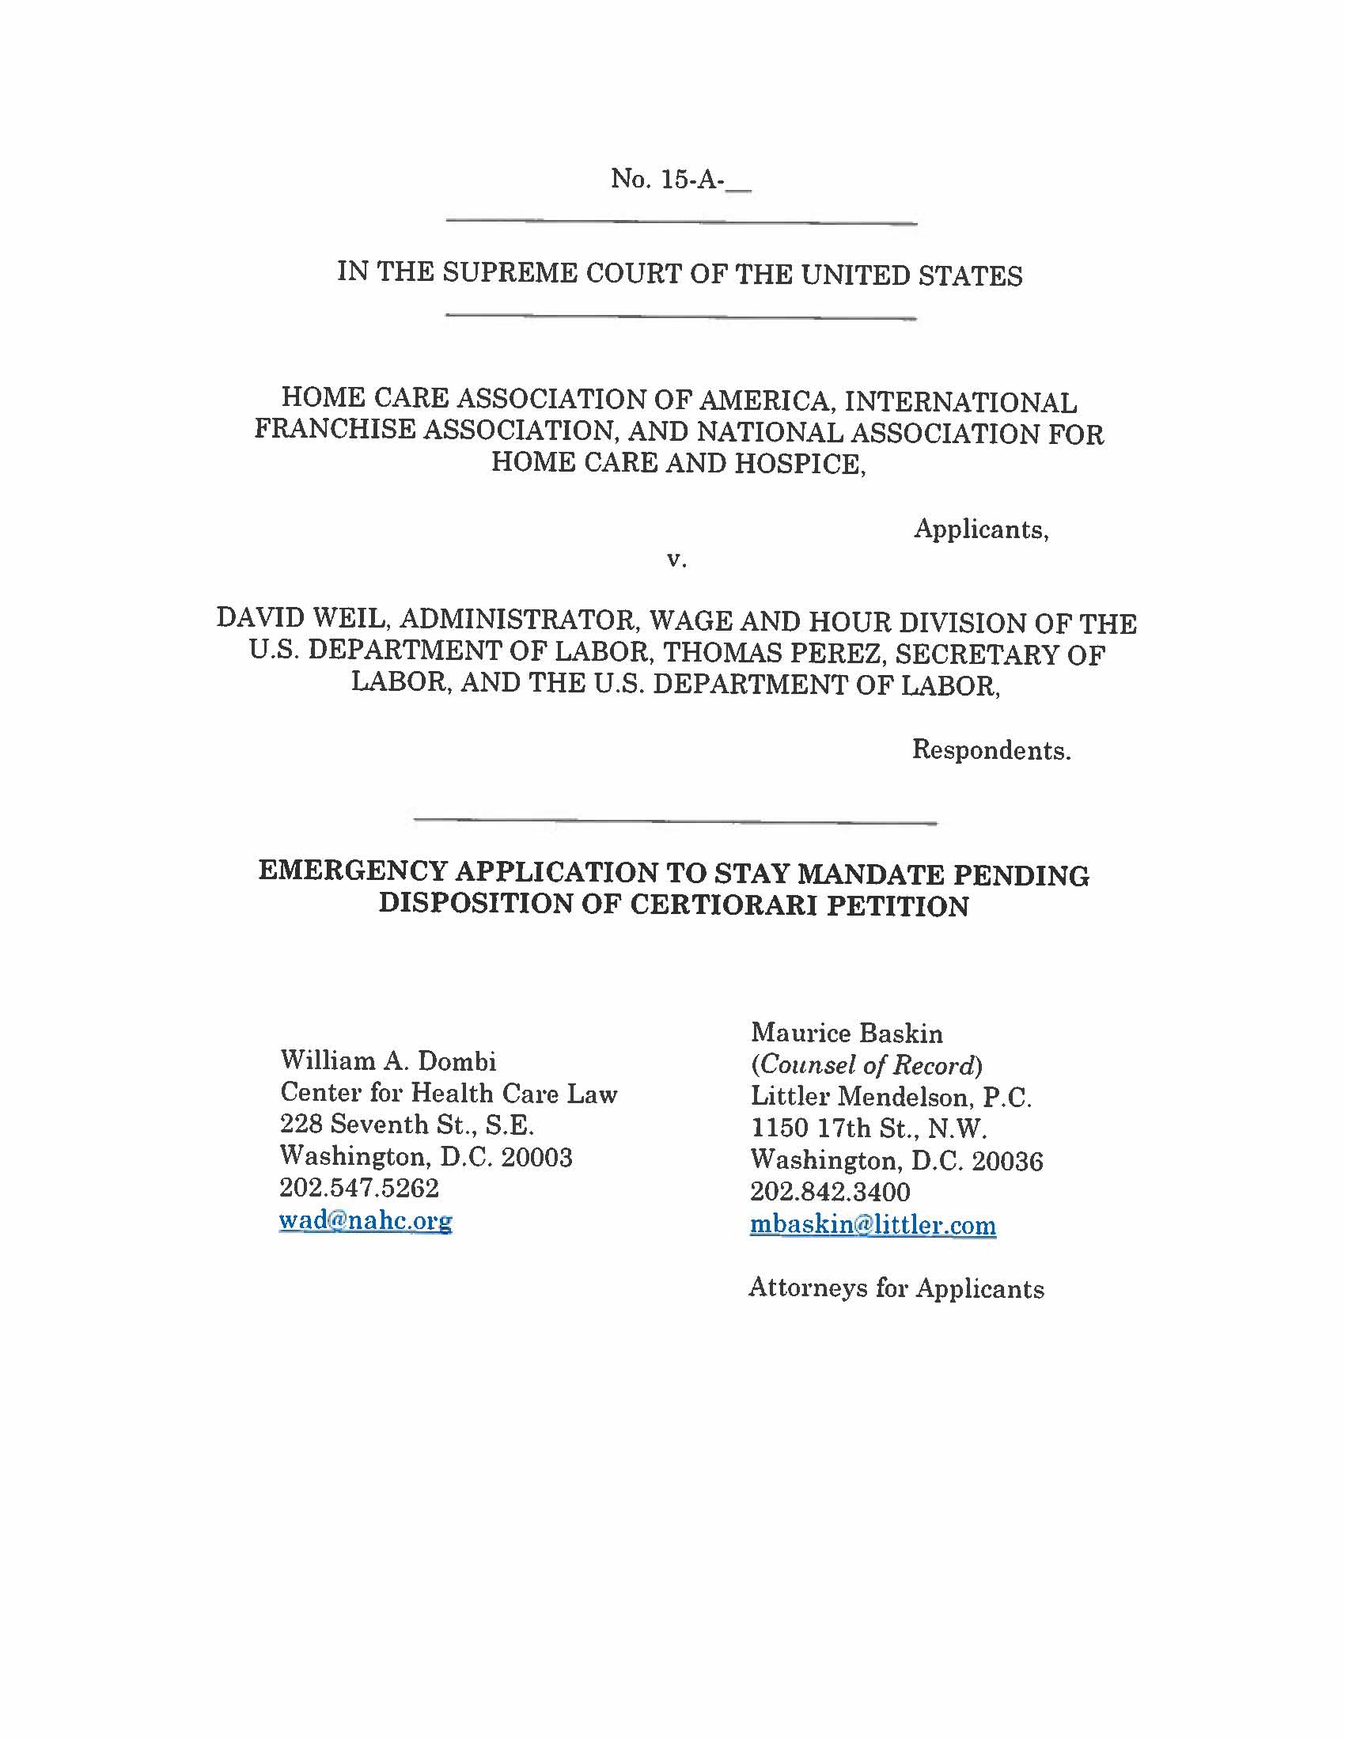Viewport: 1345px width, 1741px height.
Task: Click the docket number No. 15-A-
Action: pyautogui.click(x=680, y=180)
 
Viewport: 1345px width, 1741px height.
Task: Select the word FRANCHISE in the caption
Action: pyautogui.click(x=334, y=430)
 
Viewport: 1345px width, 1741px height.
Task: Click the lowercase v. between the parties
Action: pyautogui.click(x=676, y=560)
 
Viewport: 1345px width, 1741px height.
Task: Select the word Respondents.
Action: pyautogui.click(x=991, y=750)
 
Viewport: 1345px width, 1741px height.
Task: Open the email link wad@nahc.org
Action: pyautogui.click(x=366, y=1220)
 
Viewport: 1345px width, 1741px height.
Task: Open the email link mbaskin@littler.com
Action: pyautogui.click(x=873, y=1224)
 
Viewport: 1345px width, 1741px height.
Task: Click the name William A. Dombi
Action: pyautogui.click(x=388, y=1061)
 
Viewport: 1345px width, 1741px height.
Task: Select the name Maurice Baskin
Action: pyautogui.click(x=847, y=1033)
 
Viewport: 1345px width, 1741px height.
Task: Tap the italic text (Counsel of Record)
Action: pyautogui.click(x=866, y=1065)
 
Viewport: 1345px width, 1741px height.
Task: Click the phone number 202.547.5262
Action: pyautogui.click(x=358, y=1189)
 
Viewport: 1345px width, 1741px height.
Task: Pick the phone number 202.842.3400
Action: pyautogui.click(x=829, y=1193)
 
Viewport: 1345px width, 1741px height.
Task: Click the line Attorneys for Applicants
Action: pyautogui.click(x=896, y=1288)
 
